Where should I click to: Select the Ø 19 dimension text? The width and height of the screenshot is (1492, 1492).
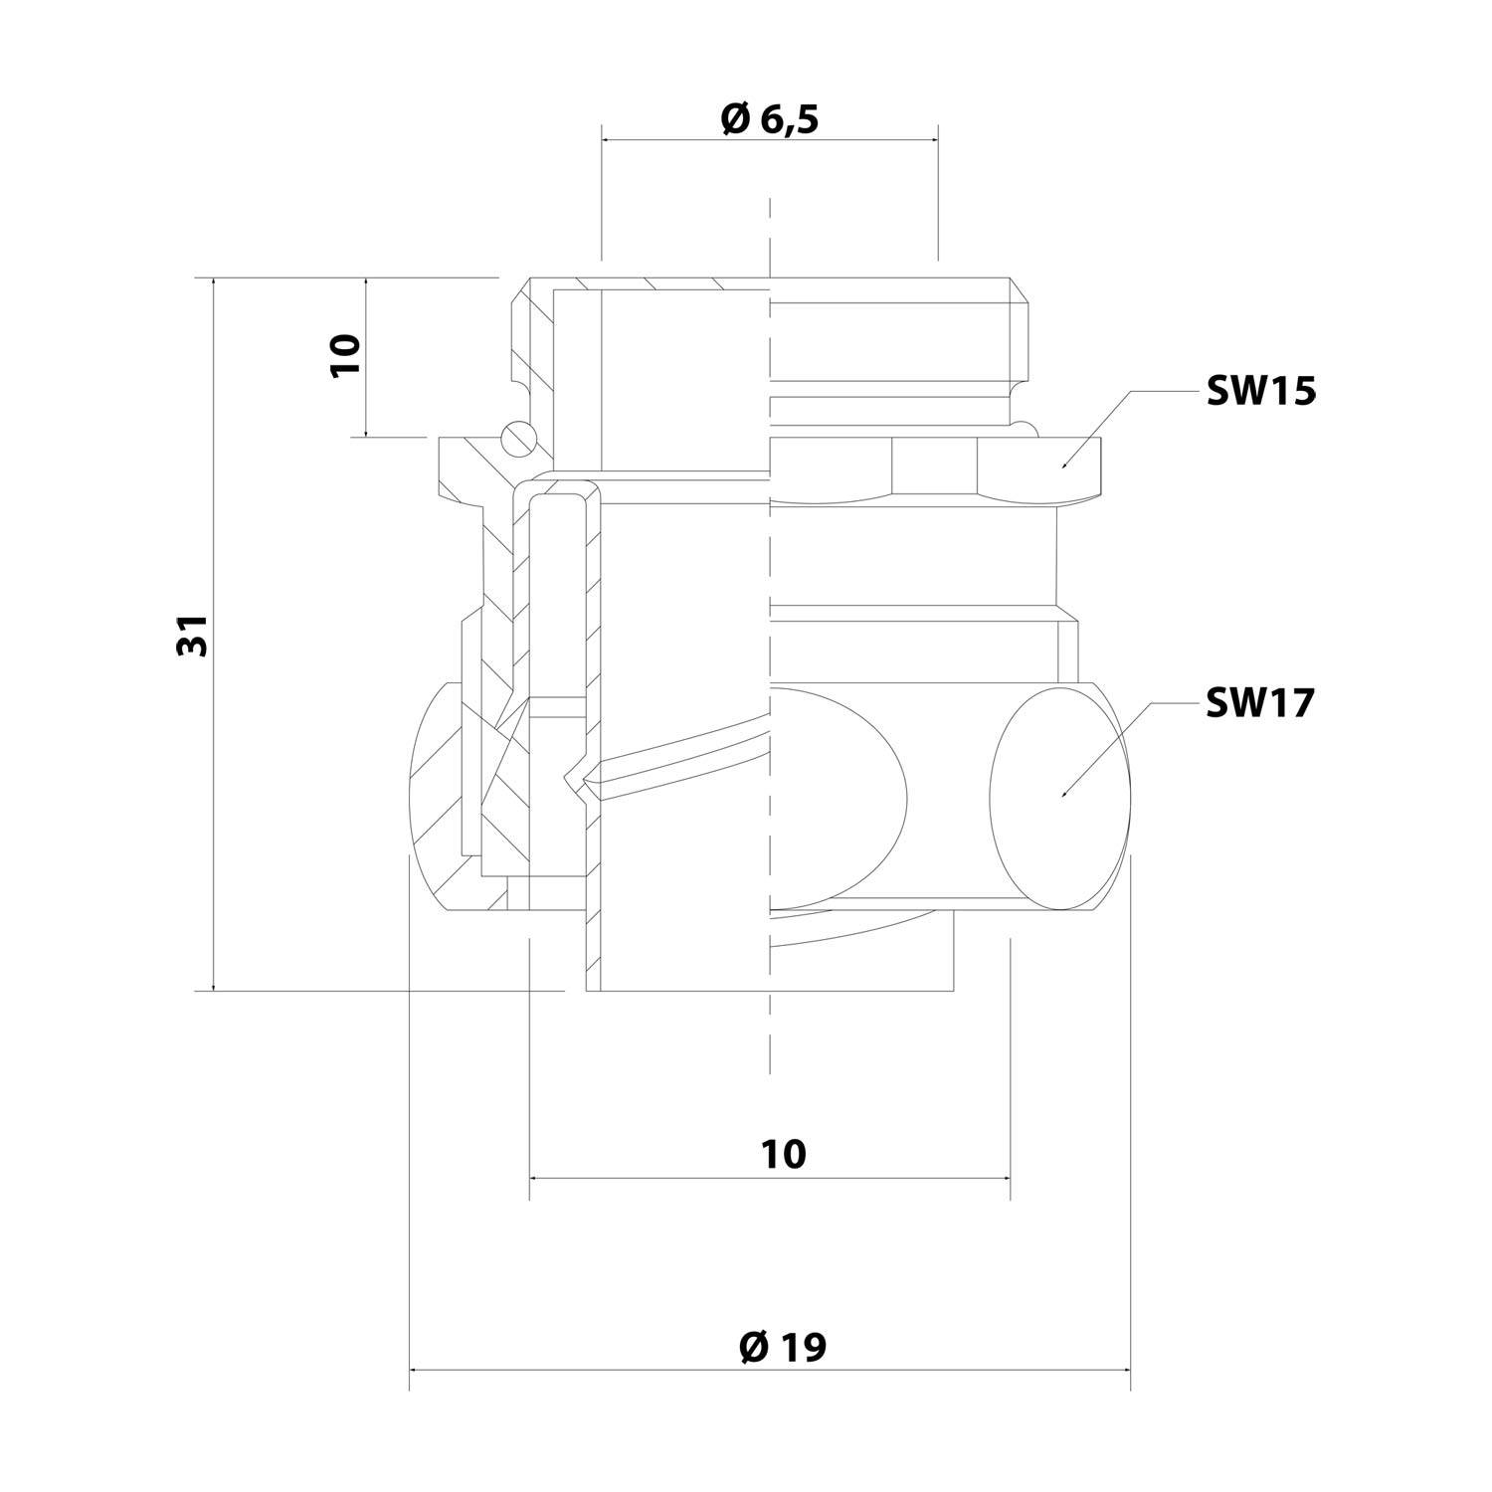point(783,1348)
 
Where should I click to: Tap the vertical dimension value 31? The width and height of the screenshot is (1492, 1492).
point(193,635)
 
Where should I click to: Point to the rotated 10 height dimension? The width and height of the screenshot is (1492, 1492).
point(345,355)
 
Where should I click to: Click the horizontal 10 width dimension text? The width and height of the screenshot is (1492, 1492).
point(784,1154)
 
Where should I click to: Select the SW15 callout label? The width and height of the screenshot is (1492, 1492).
point(1260,392)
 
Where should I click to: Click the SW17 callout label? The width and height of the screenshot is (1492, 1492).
point(1260,703)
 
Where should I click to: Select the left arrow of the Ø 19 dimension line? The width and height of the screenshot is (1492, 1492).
point(414,1371)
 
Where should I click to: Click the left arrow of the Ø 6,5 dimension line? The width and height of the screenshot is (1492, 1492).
point(606,140)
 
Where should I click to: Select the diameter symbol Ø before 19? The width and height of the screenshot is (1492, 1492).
point(753,1348)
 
